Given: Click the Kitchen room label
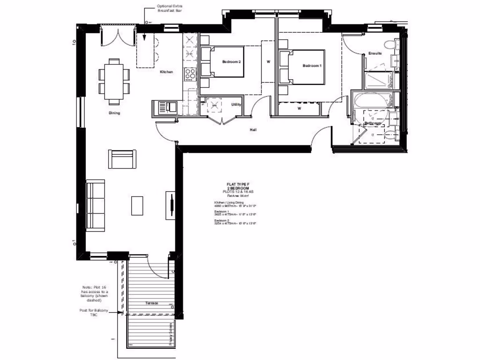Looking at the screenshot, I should point(166,72).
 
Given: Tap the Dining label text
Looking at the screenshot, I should point(114,113).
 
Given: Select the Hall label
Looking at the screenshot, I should point(253,130).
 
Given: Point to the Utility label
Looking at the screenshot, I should point(236,105).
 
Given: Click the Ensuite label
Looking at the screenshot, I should point(375,53).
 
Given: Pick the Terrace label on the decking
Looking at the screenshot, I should point(151,303).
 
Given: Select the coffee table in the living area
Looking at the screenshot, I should point(137,206).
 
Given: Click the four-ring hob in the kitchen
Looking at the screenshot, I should point(191,74).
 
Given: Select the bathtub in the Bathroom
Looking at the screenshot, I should point(372,100).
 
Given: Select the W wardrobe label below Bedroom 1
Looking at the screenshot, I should point(299,109).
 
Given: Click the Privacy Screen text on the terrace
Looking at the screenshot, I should point(171,334).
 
